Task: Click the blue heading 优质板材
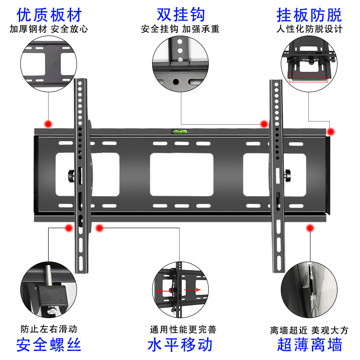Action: [49, 15]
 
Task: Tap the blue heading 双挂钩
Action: [180, 15]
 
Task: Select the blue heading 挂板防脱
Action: [309, 15]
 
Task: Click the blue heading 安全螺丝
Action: [49, 345]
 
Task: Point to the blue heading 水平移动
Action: [180, 345]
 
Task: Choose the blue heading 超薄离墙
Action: [310, 345]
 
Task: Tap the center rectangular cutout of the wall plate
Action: [181, 174]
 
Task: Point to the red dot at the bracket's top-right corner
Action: [331, 132]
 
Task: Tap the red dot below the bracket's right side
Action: [310, 229]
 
